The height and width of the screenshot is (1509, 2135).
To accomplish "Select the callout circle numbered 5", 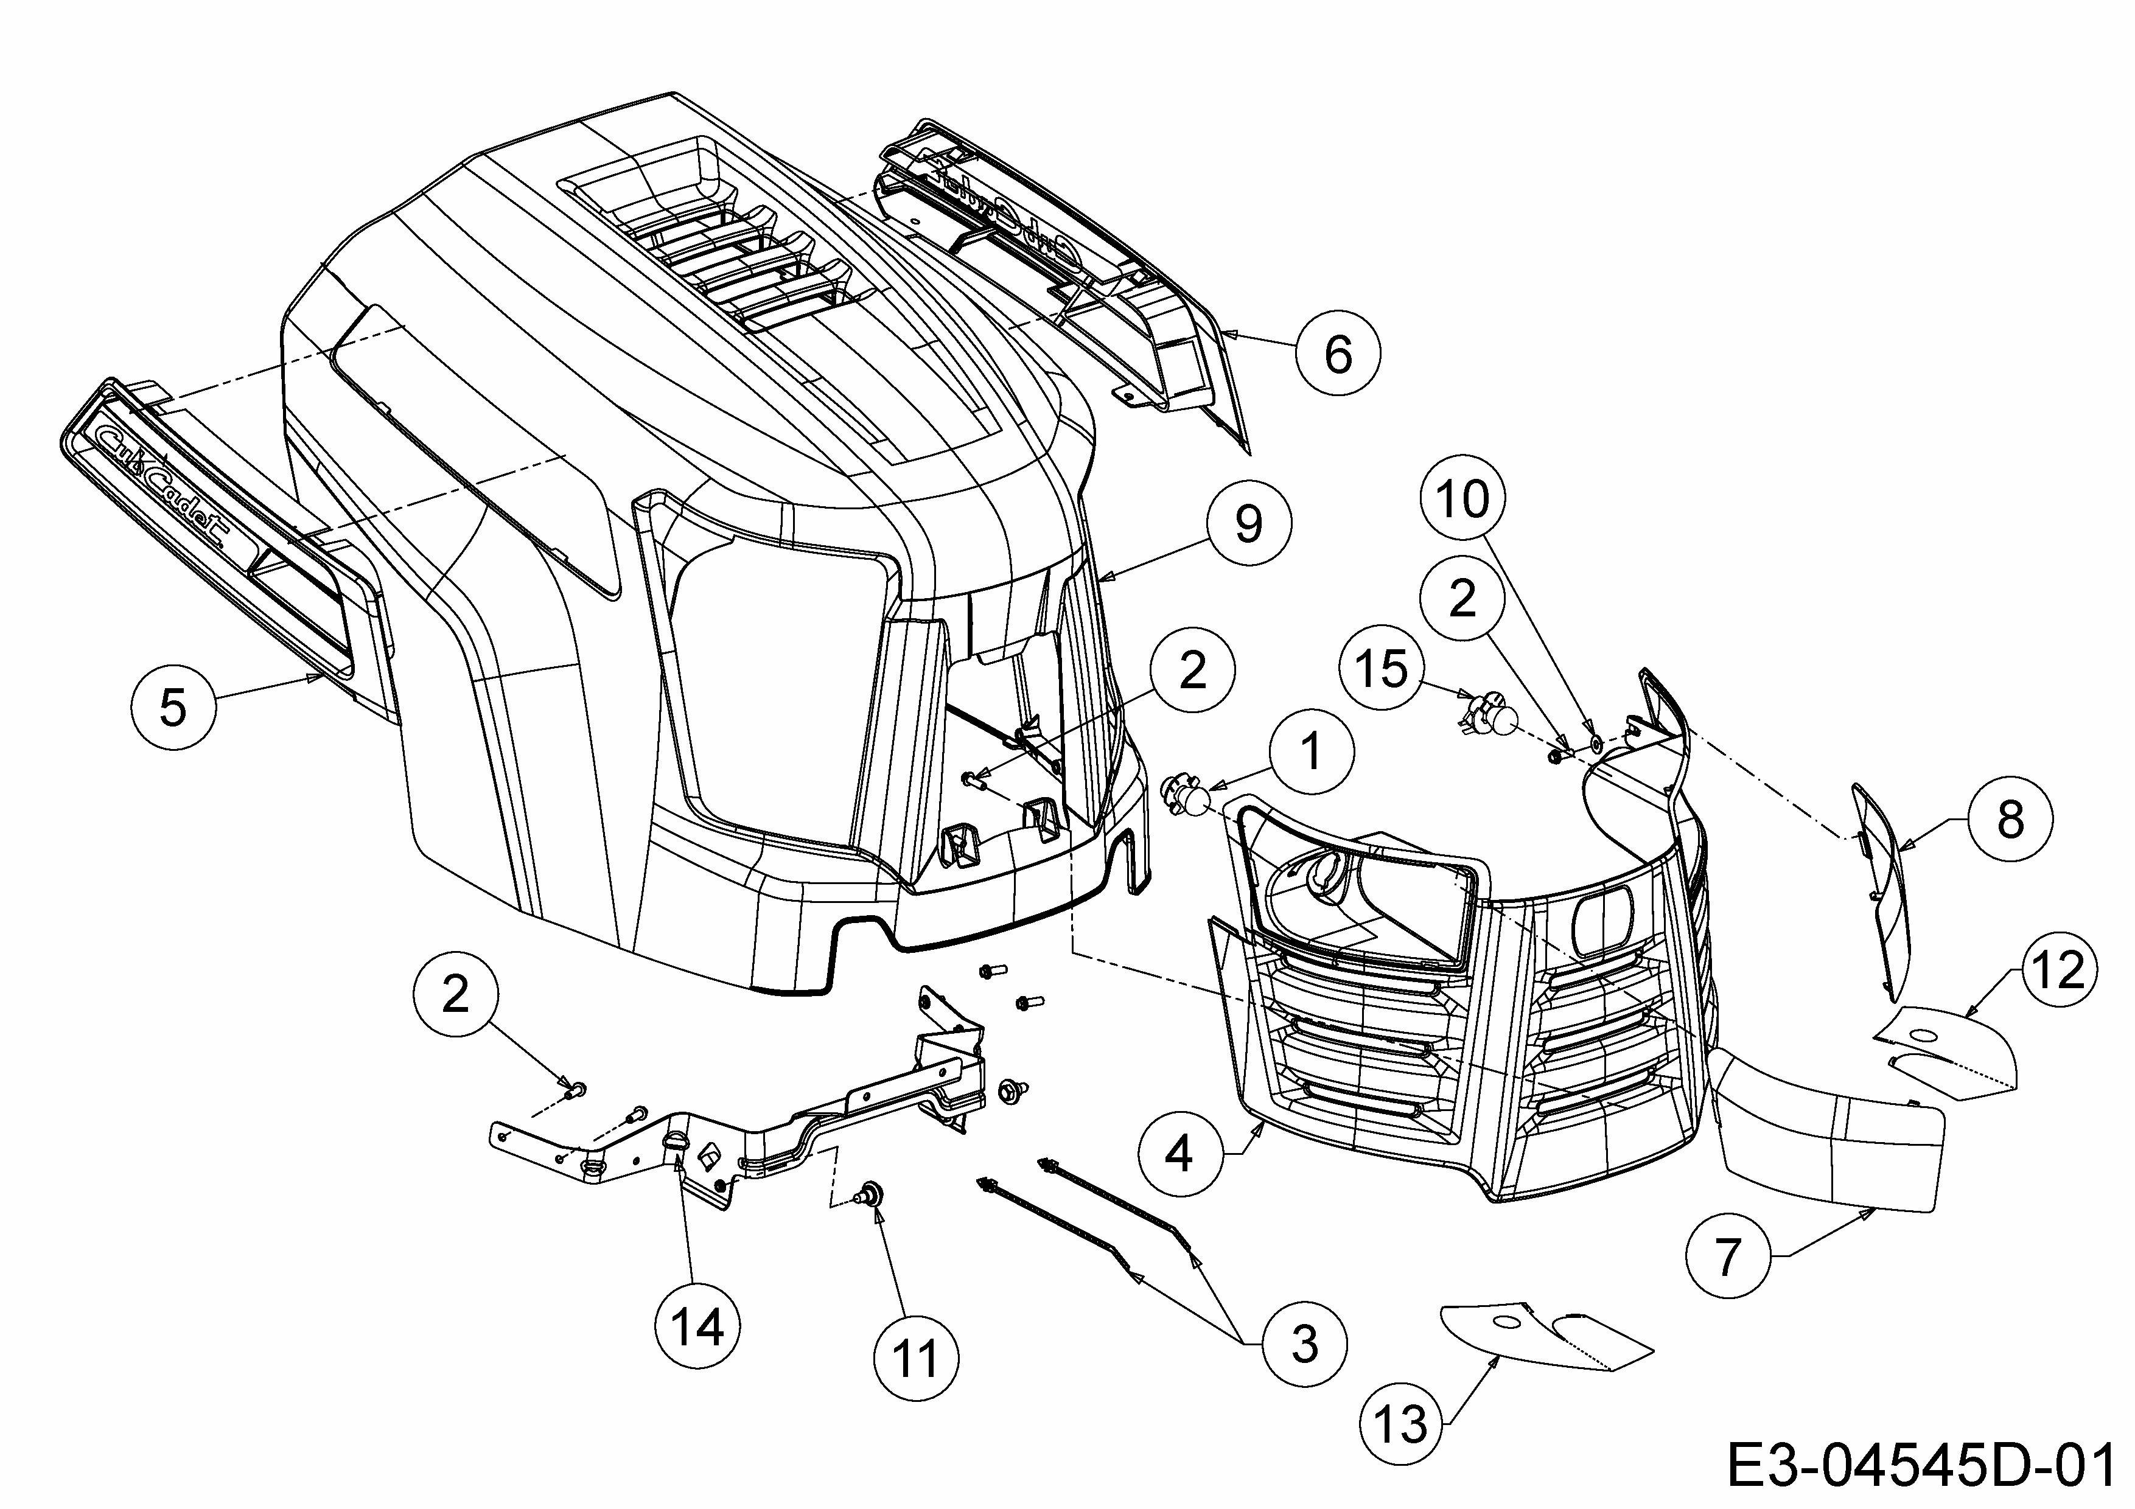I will pos(173,708).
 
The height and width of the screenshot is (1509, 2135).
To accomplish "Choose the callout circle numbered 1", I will pos(1311,751).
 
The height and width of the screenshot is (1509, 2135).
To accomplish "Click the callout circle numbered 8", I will pos(2010,819).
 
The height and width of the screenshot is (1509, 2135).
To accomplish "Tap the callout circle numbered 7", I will pos(1727,1256).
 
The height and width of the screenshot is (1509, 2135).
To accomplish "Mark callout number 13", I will pos(1400,1423).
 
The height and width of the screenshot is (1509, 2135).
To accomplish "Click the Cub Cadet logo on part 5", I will pos(167,484).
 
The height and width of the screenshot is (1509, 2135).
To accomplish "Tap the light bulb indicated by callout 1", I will pos(1187,798).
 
